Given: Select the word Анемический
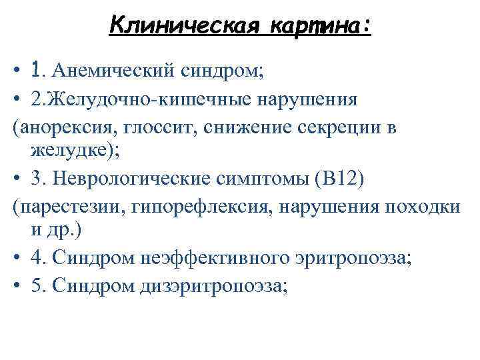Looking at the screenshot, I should click(111, 69).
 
